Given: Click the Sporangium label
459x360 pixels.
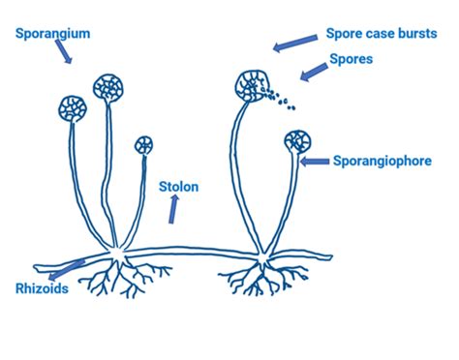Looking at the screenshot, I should (x=53, y=33).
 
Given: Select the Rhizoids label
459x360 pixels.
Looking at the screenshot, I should (x=42, y=286).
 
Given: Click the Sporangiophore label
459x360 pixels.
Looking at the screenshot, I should (x=382, y=162).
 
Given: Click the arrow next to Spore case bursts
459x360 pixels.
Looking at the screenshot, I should (x=295, y=44).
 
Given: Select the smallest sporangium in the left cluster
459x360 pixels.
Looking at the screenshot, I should (x=143, y=146).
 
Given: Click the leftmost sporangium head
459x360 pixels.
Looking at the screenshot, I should (x=73, y=106).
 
